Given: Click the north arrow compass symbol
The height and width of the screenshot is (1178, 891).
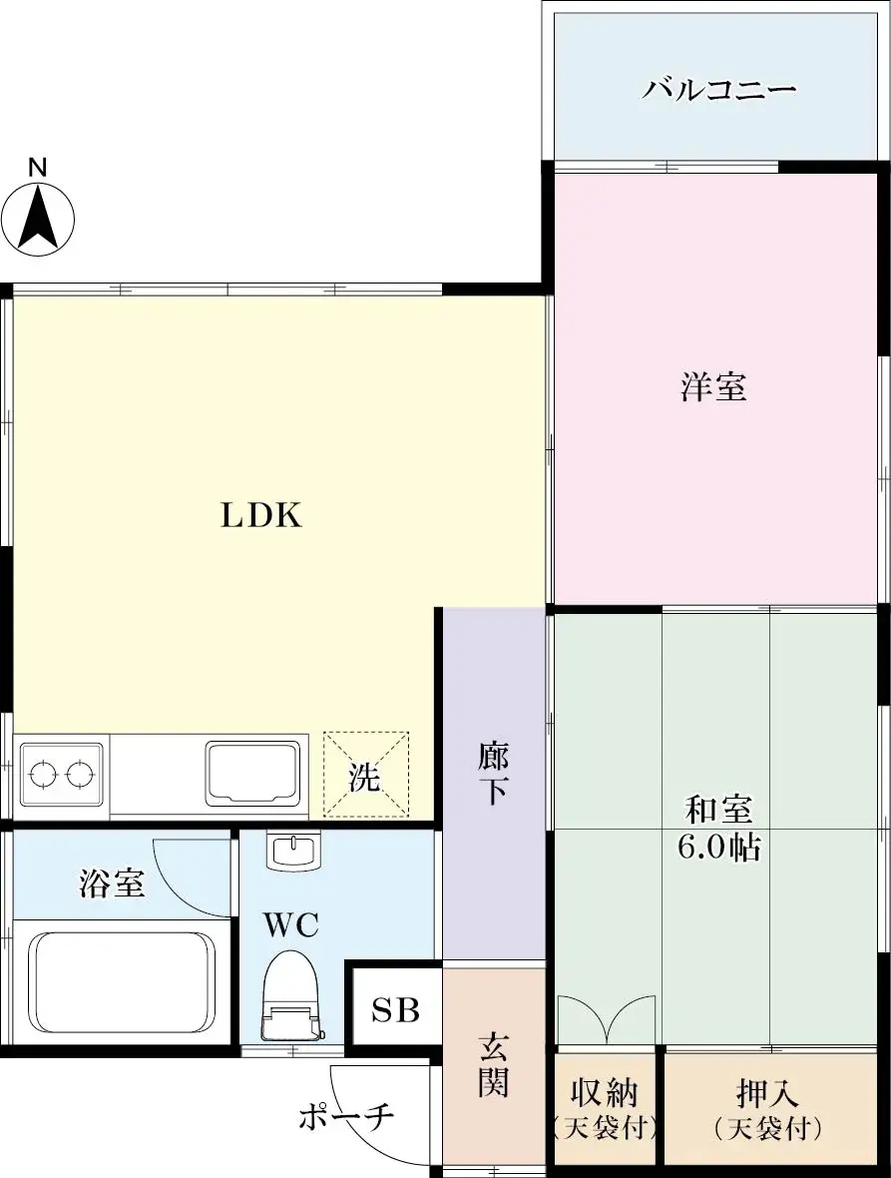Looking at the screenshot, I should tap(39, 213).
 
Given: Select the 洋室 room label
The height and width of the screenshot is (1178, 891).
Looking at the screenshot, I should tap(714, 386).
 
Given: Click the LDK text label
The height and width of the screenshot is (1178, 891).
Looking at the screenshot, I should tap(260, 516).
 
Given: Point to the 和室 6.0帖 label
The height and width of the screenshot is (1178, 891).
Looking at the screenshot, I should tap(718, 828).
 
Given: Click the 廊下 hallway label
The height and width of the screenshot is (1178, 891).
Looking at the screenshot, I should tap(493, 772).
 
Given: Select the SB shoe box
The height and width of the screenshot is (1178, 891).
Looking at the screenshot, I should tap(395, 1010).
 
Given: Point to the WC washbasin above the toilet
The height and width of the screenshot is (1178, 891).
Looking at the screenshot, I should tap(292, 852).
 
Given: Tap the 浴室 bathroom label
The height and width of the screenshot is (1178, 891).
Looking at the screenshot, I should tap(112, 883).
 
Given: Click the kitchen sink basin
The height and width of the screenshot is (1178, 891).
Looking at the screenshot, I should tap(252, 772).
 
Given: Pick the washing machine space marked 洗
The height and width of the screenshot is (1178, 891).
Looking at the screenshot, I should tap(365, 775).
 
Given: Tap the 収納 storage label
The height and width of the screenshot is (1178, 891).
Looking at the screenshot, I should tap(604, 1093).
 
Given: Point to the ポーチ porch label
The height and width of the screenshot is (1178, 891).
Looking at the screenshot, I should tap(346, 1116).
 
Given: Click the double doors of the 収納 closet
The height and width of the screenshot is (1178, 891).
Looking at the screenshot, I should tap(606, 1018).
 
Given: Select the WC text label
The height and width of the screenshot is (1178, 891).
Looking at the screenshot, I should tap(291, 925).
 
